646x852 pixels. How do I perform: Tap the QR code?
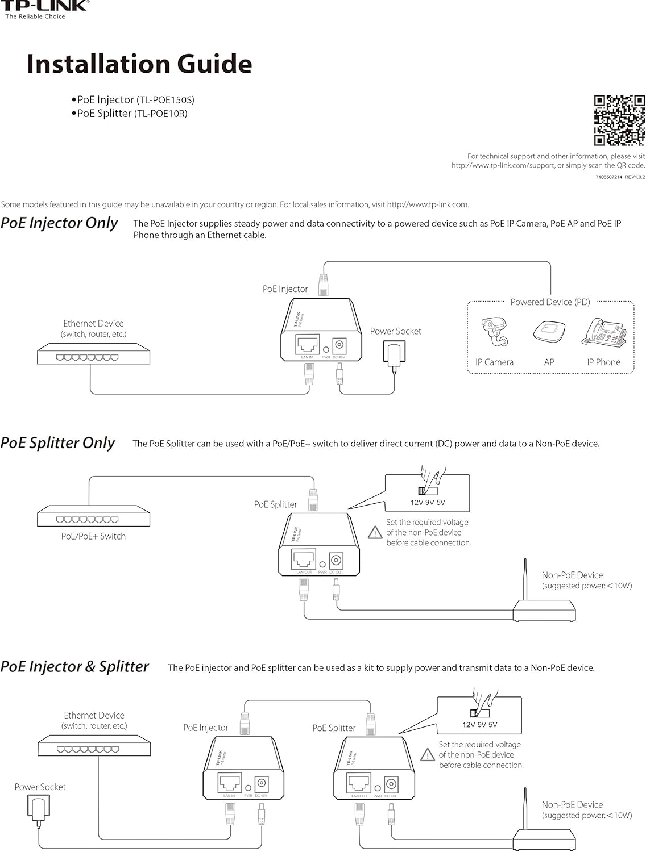[619, 120]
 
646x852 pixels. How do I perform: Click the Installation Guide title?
[139, 64]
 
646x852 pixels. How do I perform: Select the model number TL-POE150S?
[165, 100]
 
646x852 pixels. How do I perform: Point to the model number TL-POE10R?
[160, 114]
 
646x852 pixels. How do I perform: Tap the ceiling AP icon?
[549, 331]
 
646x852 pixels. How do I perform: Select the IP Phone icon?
[603, 332]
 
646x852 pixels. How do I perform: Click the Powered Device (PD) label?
[550, 302]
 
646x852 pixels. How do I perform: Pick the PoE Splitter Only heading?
[58, 443]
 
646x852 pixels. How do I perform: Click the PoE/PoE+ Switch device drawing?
[93, 516]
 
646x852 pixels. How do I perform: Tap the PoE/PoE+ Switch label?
[93, 536]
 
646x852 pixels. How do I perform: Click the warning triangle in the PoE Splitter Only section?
[375, 533]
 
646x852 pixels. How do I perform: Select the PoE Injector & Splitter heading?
[74, 667]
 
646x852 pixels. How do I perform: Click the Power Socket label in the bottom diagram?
[40, 787]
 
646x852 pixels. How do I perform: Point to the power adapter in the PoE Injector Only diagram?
[393, 353]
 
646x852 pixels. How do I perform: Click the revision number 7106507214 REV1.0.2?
[620, 177]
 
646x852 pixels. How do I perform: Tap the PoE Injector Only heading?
[59, 223]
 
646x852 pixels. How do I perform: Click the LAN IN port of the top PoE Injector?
[307, 344]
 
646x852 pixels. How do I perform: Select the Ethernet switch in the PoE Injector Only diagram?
[93, 355]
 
